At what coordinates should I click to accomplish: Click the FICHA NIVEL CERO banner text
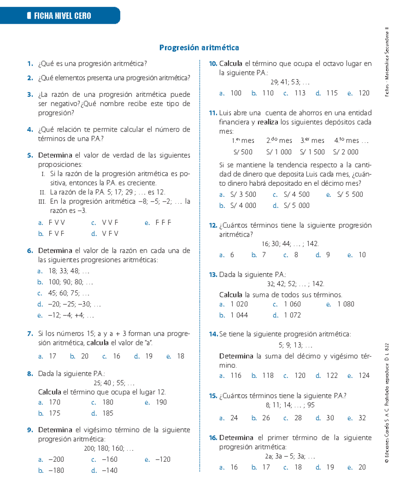(x=62, y=16)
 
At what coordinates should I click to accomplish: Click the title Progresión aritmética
(x=199, y=48)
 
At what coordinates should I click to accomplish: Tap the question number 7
(x=30, y=333)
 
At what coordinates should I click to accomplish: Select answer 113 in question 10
(x=300, y=93)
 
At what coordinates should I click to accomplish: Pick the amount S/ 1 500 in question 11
(x=312, y=152)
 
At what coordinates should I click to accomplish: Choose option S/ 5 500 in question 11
(x=350, y=194)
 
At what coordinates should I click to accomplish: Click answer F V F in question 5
(x=56, y=234)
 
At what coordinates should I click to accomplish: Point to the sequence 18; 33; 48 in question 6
(x=69, y=271)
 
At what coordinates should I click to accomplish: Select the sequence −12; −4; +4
(x=71, y=315)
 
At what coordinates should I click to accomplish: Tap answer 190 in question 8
(x=161, y=402)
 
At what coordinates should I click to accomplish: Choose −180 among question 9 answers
(x=56, y=470)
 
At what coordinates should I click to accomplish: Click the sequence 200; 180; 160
(x=108, y=448)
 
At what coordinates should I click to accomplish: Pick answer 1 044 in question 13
(x=239, y=315)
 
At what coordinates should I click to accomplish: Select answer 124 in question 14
(x=364, y=376)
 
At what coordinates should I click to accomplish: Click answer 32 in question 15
(x=362, y=418)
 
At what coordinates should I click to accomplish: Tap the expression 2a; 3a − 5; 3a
(x=290, y=456)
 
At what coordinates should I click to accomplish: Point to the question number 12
(x=213, y=225)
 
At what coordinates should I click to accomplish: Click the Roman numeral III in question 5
(x=42, y=201)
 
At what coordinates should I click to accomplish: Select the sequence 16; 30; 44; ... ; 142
(x=290, y=244)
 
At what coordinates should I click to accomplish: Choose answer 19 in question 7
(x=149, y=356)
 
